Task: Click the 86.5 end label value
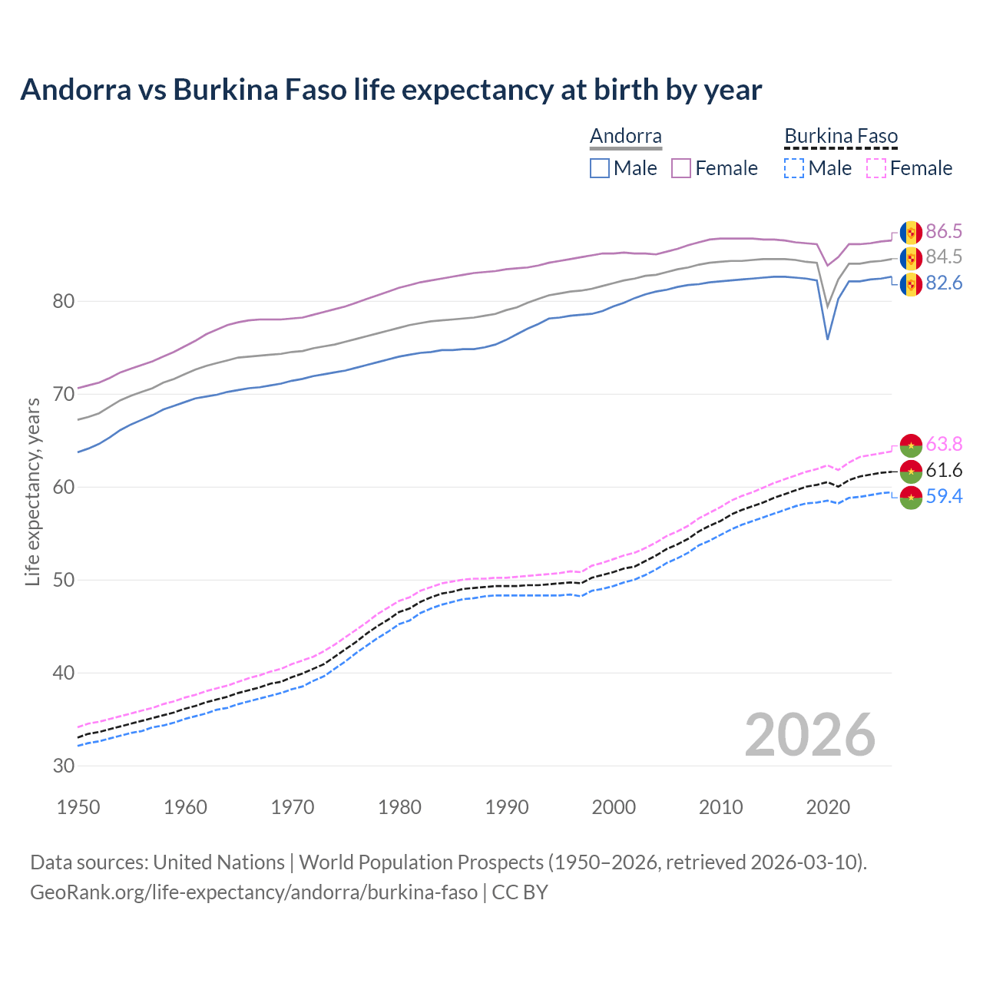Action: [x=944, y=231]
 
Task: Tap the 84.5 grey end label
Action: [x=944, y=257]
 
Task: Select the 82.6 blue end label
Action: [x=944, y=283]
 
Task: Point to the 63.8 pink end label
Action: [x=944, y=444]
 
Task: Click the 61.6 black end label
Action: [x=944, y=470]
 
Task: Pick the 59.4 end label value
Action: [x=944, y=496]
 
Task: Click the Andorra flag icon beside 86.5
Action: [x=911, y=232]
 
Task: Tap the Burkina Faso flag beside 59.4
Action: [x=911, y=498]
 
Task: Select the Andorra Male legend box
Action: [x=600, y=168]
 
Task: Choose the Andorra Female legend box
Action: [x=681, y=168]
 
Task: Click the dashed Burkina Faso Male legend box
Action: [x=794, y=168]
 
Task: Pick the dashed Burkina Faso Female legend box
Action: [x=876, y=168]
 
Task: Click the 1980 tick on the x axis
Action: [x=399, y=807]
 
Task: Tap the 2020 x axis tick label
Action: [x=828, y=807]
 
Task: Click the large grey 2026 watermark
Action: [x=810, y=735]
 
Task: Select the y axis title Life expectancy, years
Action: [x=32, y=491]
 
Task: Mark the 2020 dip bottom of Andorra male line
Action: [x=827, y=339]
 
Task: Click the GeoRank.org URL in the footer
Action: [x=253, y=892]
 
